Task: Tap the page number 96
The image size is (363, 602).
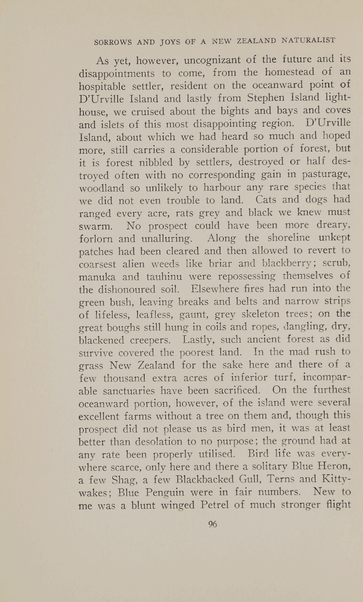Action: point(212,524)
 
